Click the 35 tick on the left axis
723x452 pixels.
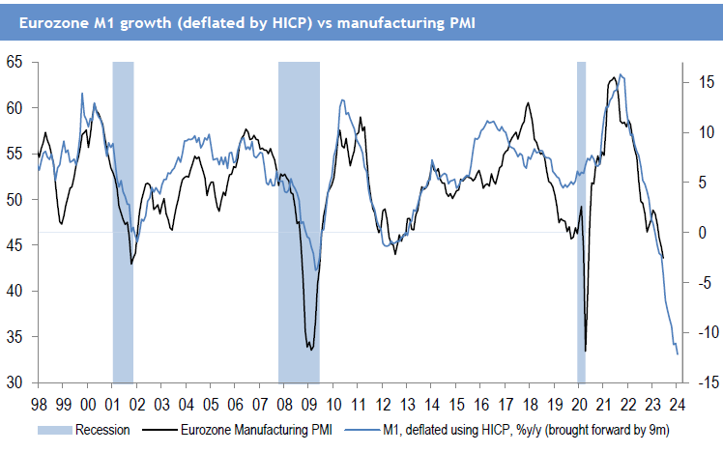[14, 337]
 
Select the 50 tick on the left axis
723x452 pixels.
[14, 200]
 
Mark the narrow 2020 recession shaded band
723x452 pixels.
[582, 222]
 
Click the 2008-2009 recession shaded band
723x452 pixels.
[299, 222]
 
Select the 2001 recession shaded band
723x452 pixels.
[123, 222]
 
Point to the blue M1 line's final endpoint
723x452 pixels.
[678, 354]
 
